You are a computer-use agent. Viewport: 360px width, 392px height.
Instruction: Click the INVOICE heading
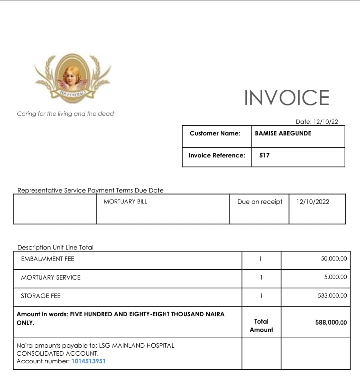tap(287, 97)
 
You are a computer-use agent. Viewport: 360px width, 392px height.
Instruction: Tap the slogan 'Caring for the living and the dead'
tap(65, 114)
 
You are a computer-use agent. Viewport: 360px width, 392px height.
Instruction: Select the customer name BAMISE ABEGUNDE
tap(283, 133)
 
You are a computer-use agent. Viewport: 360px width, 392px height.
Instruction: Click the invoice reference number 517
tap(264, 155)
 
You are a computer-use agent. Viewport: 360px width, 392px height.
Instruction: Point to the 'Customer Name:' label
tap(215, 133)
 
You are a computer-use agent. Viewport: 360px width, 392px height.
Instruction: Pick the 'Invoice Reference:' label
tap(217, 155)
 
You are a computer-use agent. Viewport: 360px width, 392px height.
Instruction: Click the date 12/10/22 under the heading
tap(317, 122)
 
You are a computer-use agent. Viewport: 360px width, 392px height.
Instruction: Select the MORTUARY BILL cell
tap(125, 202)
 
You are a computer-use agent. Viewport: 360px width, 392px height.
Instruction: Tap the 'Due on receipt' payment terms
tap(260, 202)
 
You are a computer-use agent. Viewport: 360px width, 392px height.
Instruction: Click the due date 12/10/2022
tap(313, 202)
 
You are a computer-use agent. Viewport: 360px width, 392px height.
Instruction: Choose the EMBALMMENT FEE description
tap(48, 259)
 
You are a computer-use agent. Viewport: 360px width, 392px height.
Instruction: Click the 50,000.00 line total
tap(334, 259)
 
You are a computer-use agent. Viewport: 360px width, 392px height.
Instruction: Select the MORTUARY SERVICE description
tap(51, 278)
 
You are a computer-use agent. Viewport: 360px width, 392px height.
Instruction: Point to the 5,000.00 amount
tap(335, 277)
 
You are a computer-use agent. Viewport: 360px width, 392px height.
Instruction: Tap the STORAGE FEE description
tap(41, 296)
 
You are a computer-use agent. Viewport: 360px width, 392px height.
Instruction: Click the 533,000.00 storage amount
tap(332, 296)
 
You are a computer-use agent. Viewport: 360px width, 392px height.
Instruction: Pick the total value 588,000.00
tap(331, 323)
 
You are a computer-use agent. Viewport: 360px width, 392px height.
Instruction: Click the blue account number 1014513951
tap(88, 361)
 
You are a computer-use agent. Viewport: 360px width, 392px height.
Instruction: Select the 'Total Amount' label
tap(261, 326)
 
